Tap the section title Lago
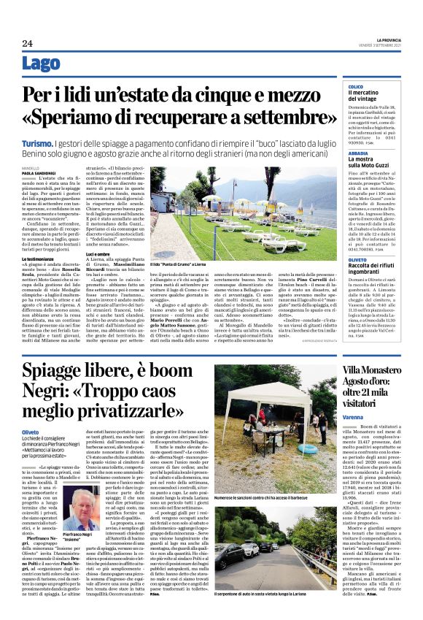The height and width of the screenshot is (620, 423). (42, 64)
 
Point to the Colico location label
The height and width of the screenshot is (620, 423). (355, 86)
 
